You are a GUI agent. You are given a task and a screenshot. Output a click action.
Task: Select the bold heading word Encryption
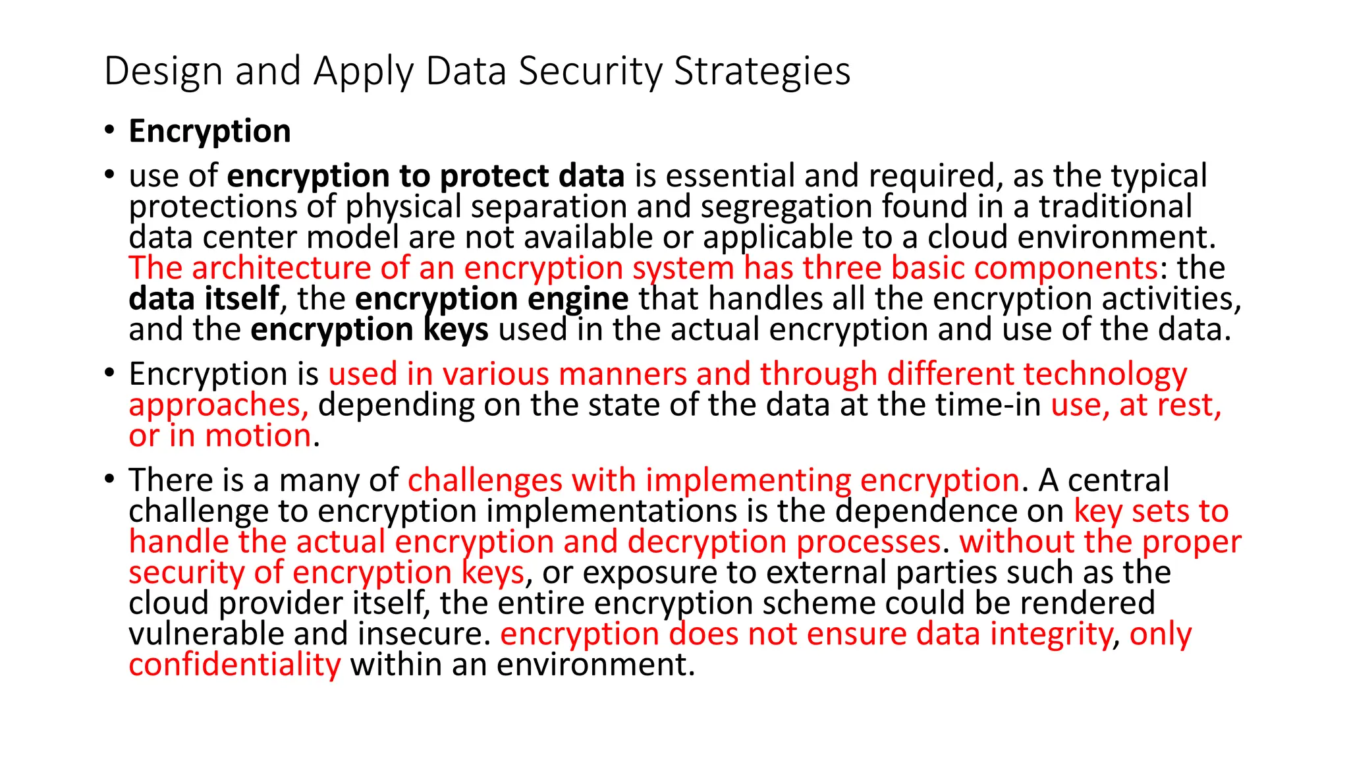point(209,131)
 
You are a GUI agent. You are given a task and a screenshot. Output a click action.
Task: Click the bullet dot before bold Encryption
point(109,129)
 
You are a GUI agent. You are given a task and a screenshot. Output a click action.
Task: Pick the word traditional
point(1115,207)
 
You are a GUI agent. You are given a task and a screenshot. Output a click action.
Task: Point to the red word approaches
point(218,405)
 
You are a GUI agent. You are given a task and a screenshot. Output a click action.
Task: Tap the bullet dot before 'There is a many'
point(109,478)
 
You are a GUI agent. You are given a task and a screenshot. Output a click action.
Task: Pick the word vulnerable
point(206,634)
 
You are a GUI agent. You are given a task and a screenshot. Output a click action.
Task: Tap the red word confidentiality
point(234,665)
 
